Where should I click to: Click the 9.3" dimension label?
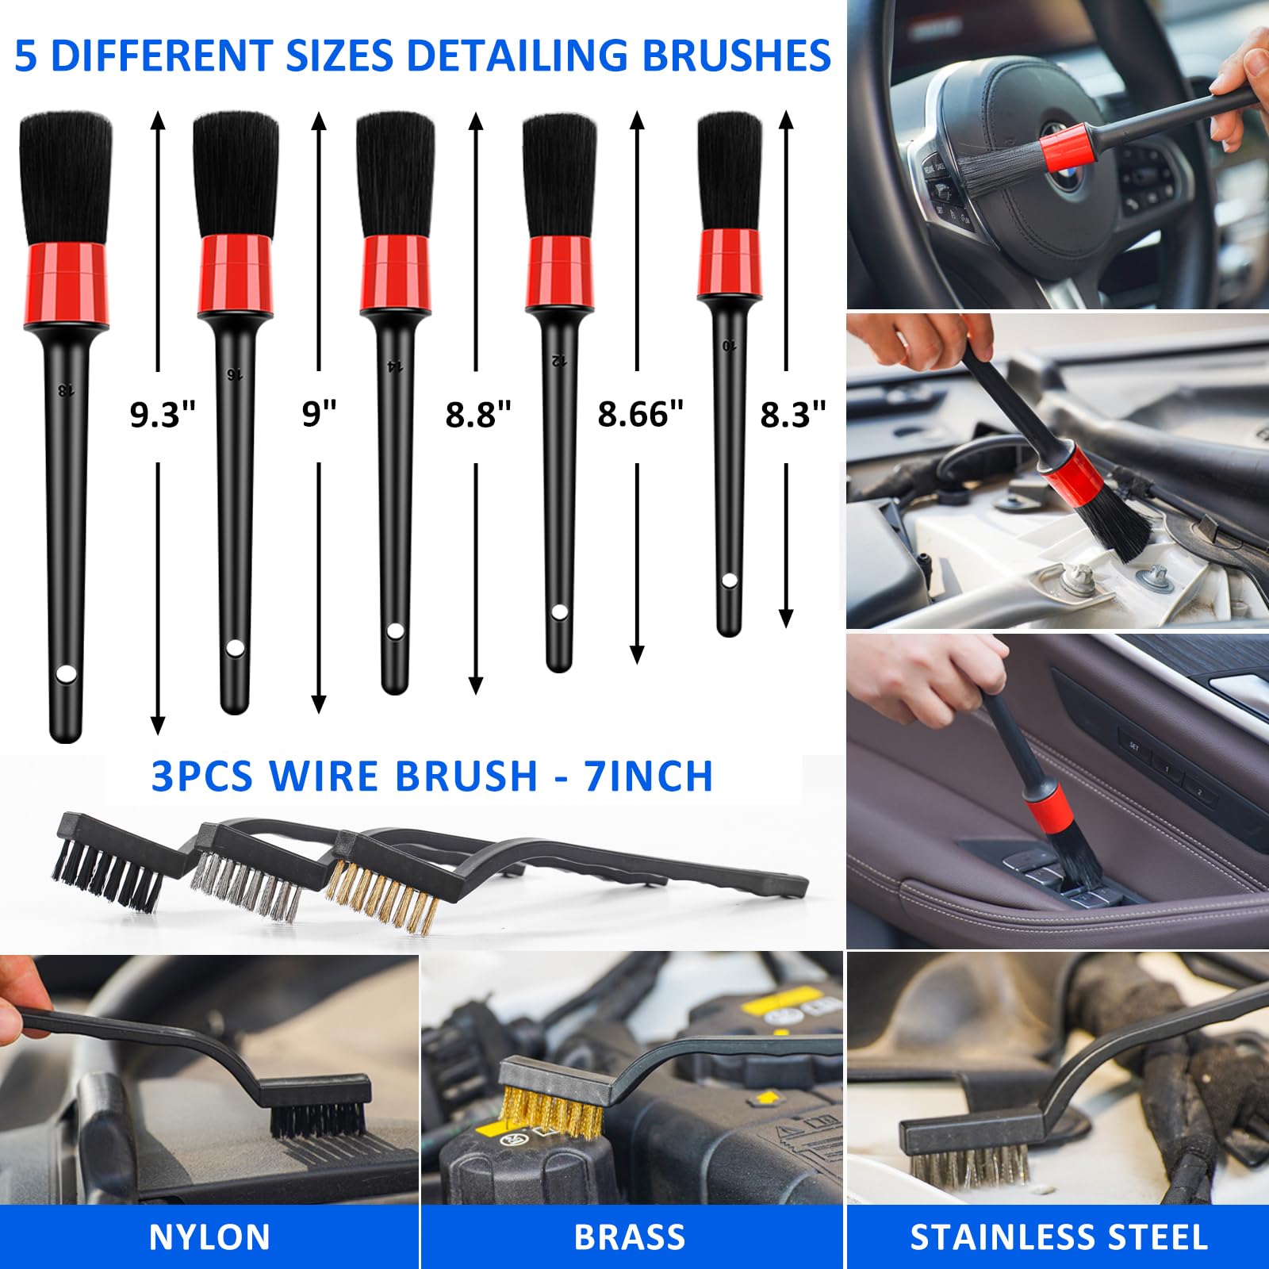[x=163, y=415]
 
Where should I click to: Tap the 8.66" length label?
[x=640, y=414]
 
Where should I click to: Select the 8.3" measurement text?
[x=792, y=414]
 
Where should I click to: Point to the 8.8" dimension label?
[x=478, y=414]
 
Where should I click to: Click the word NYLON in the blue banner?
[x=209, y=1237]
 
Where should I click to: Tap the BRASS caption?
[x=630, y=1237]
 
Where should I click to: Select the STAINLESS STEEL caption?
[x=1059, y=1237]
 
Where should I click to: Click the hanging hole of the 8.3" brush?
[x=729, y=581]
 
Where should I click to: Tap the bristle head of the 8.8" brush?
[x=395, y=174]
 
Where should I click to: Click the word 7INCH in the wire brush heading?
[x=648, y=776]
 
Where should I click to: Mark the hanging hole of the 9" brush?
[x=234, y=648]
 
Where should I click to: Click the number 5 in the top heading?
[x=25, y=56]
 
